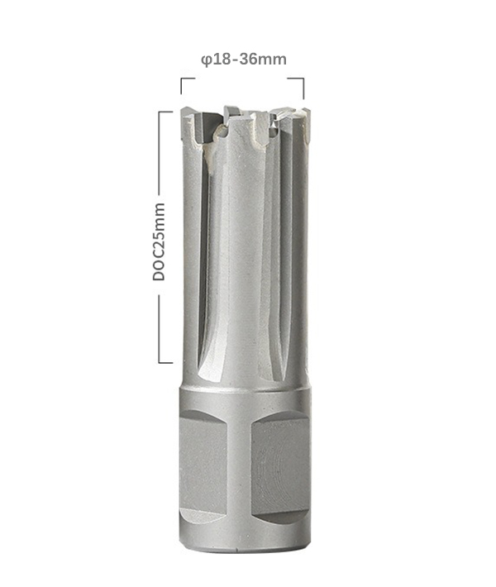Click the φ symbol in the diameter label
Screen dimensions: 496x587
(207, 60)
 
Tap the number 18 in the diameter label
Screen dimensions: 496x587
(221, 60)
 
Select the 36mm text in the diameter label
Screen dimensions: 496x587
(263, 60)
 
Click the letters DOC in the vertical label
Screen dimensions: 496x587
(159, 265)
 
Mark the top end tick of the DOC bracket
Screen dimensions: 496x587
(166, 112)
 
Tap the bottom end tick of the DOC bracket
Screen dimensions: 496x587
(166, 362)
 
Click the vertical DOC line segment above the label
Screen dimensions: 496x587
(159, 153)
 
